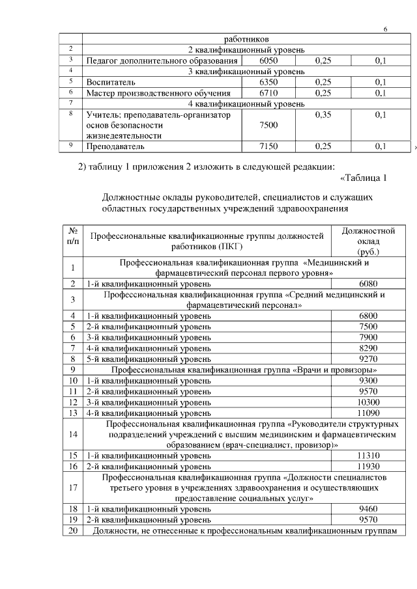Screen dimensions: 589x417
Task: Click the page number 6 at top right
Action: click(385, 30)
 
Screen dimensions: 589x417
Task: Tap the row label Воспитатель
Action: click(111, 83)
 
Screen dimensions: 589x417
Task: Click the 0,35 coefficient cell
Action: click(323, 115)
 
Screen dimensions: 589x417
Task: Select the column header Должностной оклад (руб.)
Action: click(369, 241)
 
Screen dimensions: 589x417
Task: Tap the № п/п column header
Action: click(73, 236)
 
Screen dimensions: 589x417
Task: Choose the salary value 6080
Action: click(369, 284)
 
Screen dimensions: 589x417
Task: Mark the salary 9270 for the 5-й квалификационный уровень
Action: click(369, 358)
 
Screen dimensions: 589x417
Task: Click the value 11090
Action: click(369, 412)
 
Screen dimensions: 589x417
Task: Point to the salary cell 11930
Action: click(369, 466)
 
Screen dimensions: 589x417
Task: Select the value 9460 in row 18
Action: click(369, 509)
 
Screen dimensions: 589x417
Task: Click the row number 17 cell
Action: click(73, 487)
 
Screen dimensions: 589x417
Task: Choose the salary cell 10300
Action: click(369, 402)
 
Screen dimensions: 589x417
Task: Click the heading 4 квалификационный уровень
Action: click(246, 103)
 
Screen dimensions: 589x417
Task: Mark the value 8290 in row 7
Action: click(369, 348)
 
